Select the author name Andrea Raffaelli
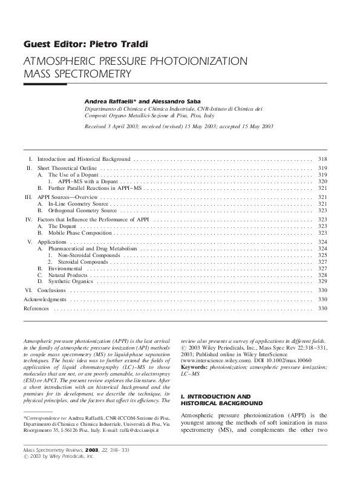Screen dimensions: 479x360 (x=110, y=99)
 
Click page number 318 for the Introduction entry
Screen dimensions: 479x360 (x=322, y=157)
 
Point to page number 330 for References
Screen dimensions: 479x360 (x=322, y=308)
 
